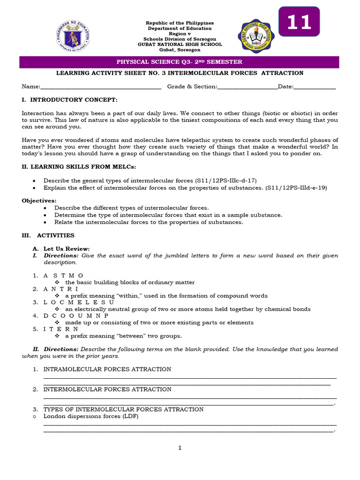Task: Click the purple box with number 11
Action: pyautogui.click(x=299, y=22)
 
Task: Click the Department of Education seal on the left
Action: pyautogui.click(x=74, y=36)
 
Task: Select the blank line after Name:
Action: pyautogui.click(x=101, y=87)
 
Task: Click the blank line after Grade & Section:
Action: pyautogui.click(x=247, y=87)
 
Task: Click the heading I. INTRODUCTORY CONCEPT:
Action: pyautogui.click(x=70, y=100)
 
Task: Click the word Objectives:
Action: pyautogui.click(x=39, y=201)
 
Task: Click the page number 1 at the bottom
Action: pyautogui.click(x=180, y=448)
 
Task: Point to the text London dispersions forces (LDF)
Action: pyautogui.click(x=91, y=416)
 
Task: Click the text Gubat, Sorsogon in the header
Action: pyautogui.click(x=180, y=50)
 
